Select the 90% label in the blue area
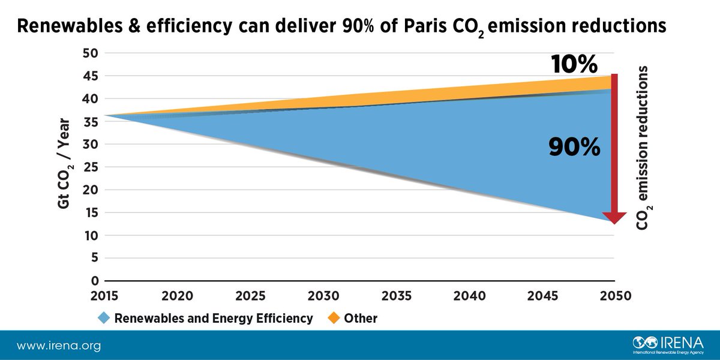[574, 147]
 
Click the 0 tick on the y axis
[94, 281]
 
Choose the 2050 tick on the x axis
[614, 296]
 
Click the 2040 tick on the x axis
[469, 296]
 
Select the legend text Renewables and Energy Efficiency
[213, 319]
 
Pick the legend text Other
[361, 319]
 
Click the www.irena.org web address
[59, 346]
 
